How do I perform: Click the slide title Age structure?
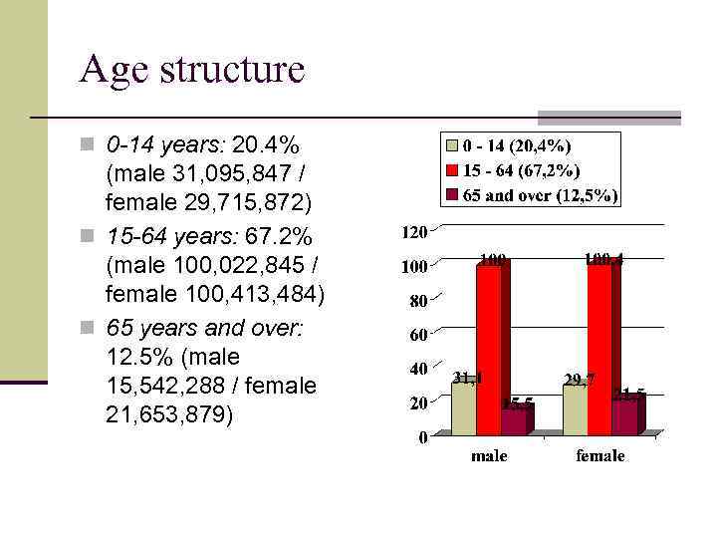pyautogui.click(x=191, y=70)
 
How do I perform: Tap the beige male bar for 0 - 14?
pyautogui.click(x=463, y=408)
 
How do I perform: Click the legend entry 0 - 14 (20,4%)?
pyautogui.click(x=523, y=146)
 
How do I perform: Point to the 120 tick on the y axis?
pyautogui.click(x=413, y=232)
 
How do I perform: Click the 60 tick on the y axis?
pyautogui.click(x=417, y=334)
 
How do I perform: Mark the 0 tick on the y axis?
pyautogui.click(x=422, y=436)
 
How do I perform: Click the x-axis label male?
pyautogui.click(x=489, y=456)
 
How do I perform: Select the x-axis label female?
pyautogui.click(x=600, y=456)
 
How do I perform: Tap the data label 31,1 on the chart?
pyautogui.click(x=467, y=378)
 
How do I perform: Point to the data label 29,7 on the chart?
pyautogui.click(x=579, y=380)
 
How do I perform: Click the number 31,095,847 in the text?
pyautogui.click(x=228, y=174)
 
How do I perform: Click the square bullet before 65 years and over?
pyautogui.click(x=87, y=327)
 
